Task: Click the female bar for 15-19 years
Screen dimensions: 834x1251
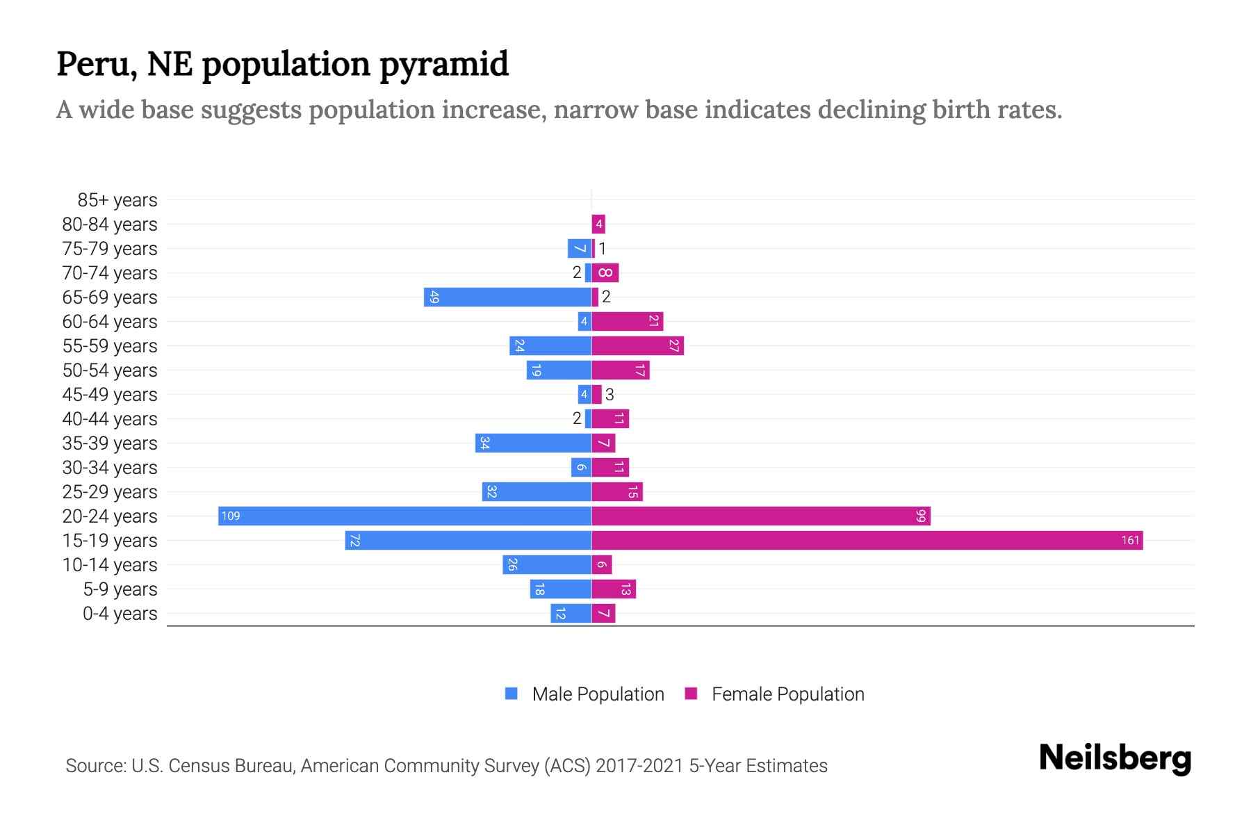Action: [x=867, y=541]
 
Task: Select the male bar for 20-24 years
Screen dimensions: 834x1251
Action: [x=404, y=516]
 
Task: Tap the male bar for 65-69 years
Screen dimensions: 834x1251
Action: [x=507, y=297]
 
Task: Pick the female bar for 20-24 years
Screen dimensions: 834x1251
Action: [x=760, y=516]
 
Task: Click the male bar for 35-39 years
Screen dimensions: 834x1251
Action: [x=533, y=443]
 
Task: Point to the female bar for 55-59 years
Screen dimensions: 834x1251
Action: [x=637, y=346]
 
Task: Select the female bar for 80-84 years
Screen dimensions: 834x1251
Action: [x=598, y=224]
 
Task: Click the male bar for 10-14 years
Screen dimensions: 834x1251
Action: [x=547, y=565]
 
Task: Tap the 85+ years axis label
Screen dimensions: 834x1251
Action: [x=117, y=200]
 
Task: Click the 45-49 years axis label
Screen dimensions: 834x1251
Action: [x=110, y=395]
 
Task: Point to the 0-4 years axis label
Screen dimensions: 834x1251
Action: [x=120, y=614]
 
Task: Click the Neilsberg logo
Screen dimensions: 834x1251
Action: [x=1115, y=758]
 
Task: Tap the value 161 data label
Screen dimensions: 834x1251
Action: [x=1130, y=541]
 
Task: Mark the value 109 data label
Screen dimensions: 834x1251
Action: [x=231, y=516]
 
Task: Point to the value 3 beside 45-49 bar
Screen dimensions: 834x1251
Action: [x=610, y=395]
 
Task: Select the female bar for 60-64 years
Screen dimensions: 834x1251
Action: [x=627, y=322]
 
